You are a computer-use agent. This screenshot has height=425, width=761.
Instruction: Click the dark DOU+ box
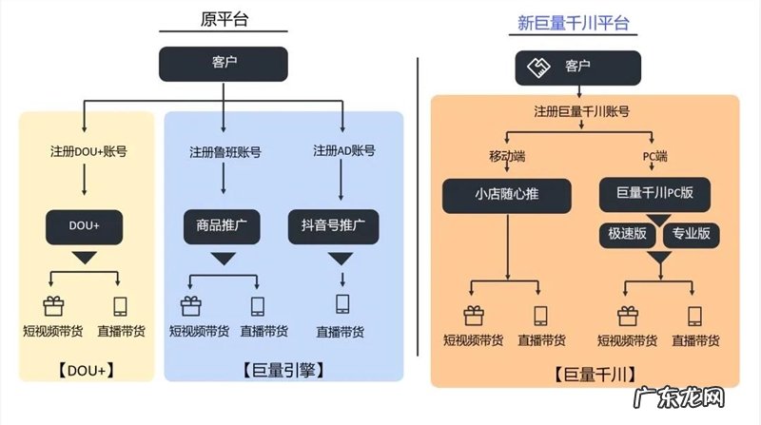pos(85,227)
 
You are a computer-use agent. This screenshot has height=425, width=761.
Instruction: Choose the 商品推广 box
pos(223,227)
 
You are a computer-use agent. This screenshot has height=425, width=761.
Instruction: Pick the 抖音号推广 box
pos(334,227)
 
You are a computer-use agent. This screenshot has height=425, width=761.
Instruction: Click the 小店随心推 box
pos(506,197)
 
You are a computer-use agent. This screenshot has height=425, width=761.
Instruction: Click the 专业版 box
pos(692,232)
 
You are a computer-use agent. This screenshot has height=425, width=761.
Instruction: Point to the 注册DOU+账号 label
pos(85,151)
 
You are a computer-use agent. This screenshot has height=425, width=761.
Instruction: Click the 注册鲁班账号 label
pos(224,152)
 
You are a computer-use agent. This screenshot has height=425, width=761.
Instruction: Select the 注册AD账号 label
pos(344,151)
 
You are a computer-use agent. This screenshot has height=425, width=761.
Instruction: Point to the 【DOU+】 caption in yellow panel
pos(85,368)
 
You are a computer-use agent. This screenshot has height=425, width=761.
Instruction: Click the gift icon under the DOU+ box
pos(53,306)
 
